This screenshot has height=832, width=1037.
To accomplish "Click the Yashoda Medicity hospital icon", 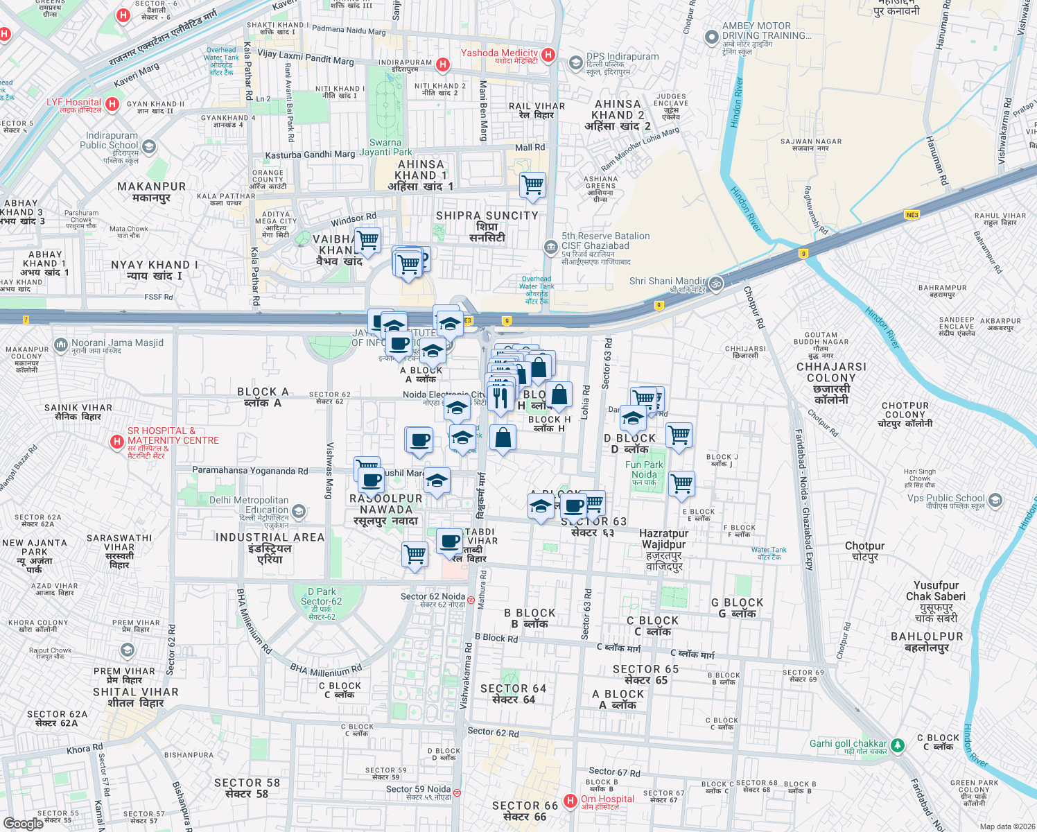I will click(548, 54).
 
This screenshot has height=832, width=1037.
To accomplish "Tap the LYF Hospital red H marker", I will click(113, 105).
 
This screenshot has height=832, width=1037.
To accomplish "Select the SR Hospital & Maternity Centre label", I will click(173, 436).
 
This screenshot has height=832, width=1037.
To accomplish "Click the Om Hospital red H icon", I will click(570, 801).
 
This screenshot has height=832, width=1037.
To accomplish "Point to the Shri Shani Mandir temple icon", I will click(716, 283).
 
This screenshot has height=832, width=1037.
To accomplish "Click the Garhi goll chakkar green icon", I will click(898, 745).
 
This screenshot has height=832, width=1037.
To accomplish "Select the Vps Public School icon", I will click(995, 500).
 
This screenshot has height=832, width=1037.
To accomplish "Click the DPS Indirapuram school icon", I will click(575, 63).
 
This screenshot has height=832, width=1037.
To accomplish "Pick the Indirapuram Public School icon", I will click(149, 146).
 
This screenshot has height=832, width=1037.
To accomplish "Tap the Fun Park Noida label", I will click(644, 470).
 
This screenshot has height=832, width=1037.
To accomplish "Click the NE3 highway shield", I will click(912, 215).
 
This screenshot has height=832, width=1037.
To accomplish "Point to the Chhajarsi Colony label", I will click(831, 378).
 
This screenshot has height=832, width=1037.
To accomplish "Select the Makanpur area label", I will click(152, 192).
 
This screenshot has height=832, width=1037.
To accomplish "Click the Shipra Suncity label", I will click(487, 226).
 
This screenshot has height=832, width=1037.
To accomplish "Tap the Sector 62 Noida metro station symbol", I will click(471, 600).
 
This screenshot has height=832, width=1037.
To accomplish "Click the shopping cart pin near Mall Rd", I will click(532, 184).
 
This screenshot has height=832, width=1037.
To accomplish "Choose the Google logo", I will click(24, 824).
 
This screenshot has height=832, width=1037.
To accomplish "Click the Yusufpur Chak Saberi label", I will click(936, 601).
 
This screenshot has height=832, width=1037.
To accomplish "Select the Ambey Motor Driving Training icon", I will click(711, 37).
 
